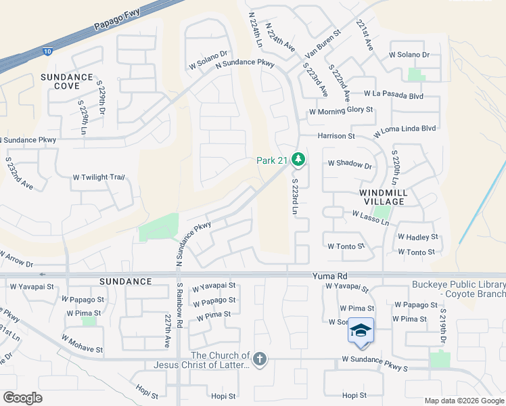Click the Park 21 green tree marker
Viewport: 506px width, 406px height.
click(299, 160)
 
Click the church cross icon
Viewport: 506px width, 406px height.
click(260, 359)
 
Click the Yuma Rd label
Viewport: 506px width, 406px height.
click(329, 276)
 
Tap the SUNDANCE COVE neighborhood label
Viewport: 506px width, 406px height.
click(66, 82)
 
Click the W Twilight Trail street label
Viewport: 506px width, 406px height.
click(99, 177)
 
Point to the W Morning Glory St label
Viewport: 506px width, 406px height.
click(341, 110)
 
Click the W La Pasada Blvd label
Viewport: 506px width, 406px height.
click(393, 95)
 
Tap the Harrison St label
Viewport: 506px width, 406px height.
click(337, 136)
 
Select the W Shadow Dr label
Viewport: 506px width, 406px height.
click(350, 164)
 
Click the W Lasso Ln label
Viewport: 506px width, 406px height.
click(371, 218)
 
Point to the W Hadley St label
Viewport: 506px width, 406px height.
click(417, 238)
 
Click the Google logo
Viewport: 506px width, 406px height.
click(22, 398)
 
